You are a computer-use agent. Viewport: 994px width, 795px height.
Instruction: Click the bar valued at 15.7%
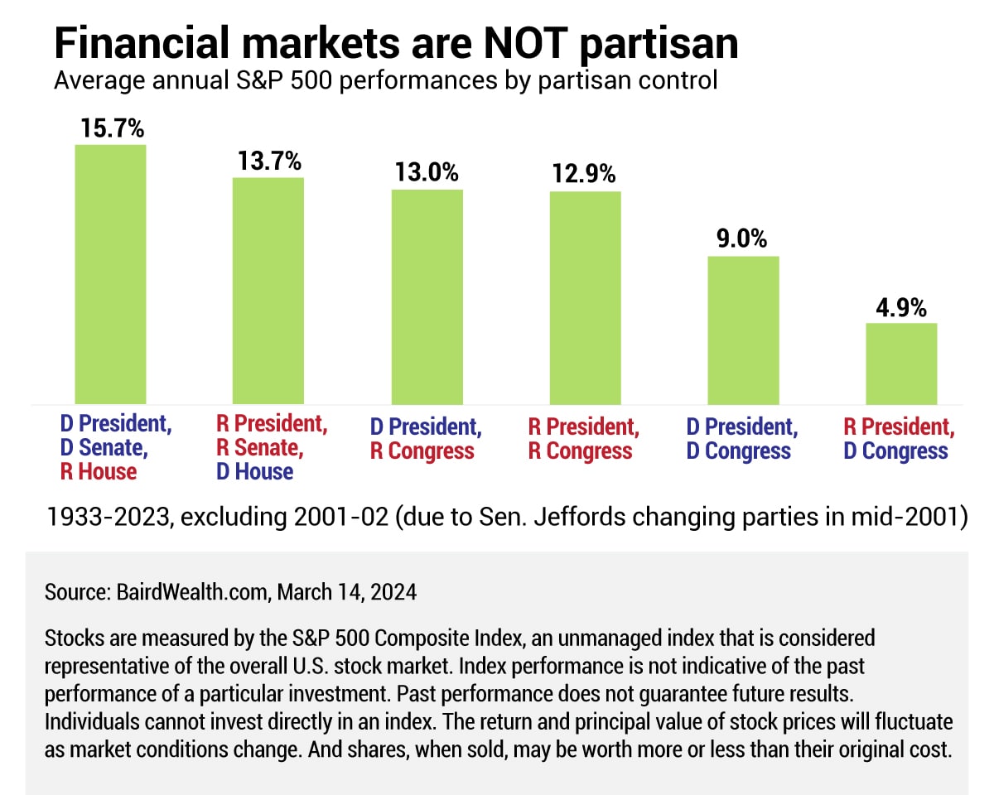pos(110,274)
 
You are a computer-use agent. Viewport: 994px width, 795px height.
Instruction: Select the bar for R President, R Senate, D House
pos(268,291)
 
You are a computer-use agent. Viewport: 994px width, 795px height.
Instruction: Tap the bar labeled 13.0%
pos(427,296)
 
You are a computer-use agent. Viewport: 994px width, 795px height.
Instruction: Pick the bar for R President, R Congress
pos(585,297)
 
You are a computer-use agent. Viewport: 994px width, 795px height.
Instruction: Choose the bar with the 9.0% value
pos(743,330)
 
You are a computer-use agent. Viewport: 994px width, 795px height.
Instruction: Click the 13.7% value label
pos(268,162)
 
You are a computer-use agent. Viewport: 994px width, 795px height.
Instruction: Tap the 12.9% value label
pos(585,175)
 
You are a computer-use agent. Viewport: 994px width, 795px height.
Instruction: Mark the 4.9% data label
pos(901,307)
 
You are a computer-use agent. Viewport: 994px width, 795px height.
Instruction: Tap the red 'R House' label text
pos(98,472)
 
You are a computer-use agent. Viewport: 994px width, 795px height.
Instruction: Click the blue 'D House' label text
pos(255,472)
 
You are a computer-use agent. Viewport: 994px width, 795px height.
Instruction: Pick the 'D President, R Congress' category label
pos(425,439)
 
